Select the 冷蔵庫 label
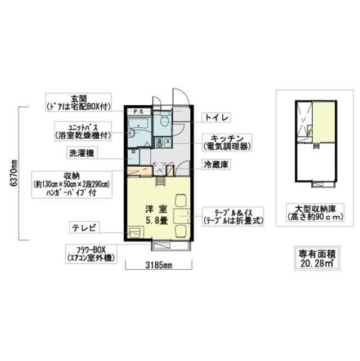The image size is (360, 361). [216, 165]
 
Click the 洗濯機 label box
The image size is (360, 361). [83, 152]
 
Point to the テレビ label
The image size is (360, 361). [84, 228]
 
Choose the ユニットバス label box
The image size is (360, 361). [83, 131]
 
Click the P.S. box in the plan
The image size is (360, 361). [138, 112]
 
